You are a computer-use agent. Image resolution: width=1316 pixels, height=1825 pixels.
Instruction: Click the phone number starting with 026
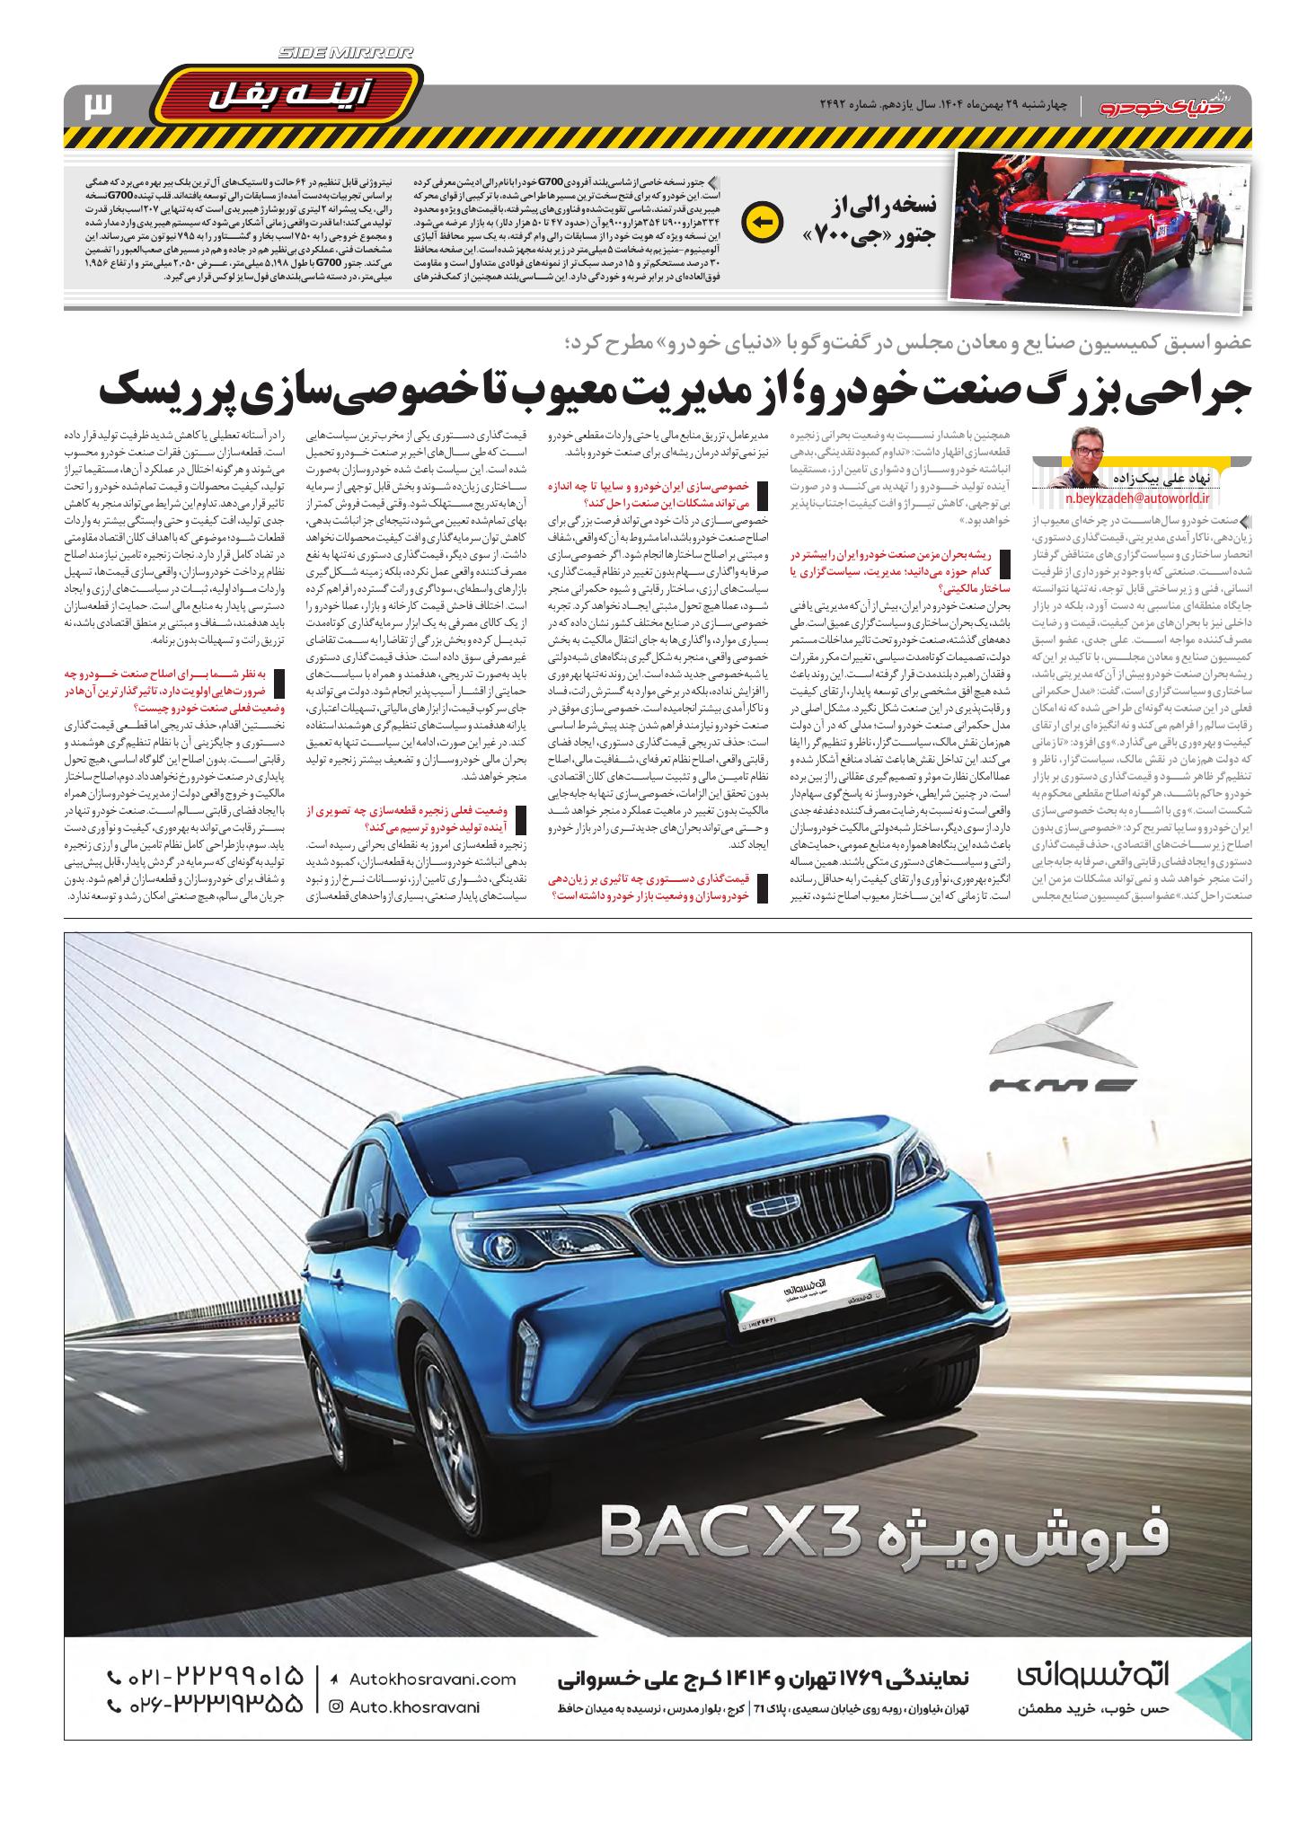coord(205,1706)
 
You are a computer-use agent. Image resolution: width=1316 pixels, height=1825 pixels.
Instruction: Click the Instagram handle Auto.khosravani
coord(422,1707)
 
